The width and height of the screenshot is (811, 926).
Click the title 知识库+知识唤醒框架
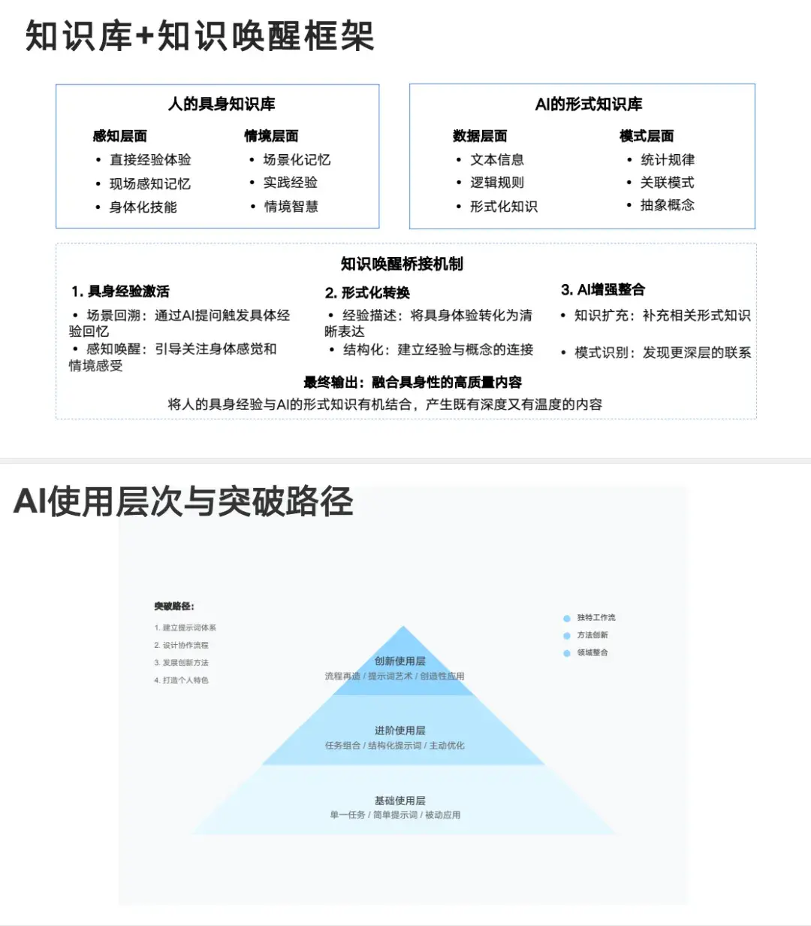tap(200, 36)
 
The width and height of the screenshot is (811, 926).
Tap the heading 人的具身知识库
tap(222, 104)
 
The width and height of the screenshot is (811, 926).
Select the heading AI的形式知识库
tap(589, 104)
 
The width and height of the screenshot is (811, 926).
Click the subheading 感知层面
tap(120, 136)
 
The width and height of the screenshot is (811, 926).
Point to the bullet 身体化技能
tap(143, 207)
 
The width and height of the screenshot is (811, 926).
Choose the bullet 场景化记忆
tap(297, 159)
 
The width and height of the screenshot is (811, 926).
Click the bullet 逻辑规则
tap(497, 183)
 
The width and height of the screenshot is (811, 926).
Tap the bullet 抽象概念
tap(668, 205)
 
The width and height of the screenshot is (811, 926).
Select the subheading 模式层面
tap(647, 136)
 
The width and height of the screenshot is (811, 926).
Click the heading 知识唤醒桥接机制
tap(402, 264)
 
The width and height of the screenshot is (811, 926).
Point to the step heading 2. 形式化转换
tap(367, 292)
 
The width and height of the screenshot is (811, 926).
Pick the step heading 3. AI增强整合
tap(602, 290)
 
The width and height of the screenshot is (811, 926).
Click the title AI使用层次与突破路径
tap(183, 501)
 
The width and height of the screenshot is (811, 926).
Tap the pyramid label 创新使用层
tap(399, 661)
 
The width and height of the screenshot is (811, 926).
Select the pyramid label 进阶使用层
tap(399, 731)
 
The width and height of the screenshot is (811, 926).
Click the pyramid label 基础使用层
tap(399, 800)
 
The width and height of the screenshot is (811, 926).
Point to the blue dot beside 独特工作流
tap(567, 619)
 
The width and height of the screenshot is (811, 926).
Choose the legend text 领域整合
tap(592, 652)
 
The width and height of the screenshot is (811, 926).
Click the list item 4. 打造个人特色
tap(182, 680)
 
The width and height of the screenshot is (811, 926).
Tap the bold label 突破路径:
tap(174, 607)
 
